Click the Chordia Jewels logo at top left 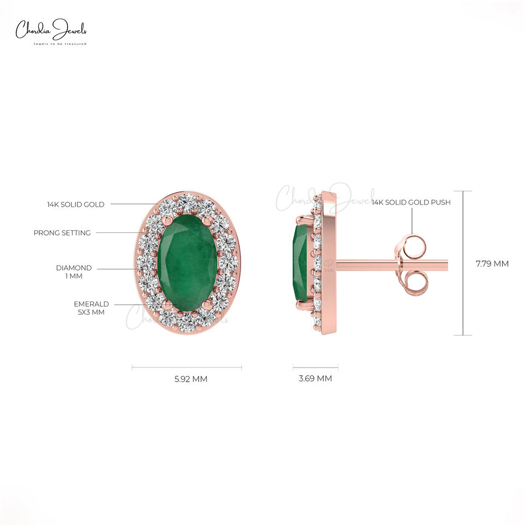(51, 32)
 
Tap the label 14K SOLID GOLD (75, 205)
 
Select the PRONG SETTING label (62, 233)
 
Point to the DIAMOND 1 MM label (74, 272)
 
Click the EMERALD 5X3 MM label (91, 308)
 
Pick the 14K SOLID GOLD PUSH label (411, 202)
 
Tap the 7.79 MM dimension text (492, 264)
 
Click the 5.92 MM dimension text (191, 379)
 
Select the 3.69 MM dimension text (315, 378)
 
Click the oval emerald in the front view (188, 263)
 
